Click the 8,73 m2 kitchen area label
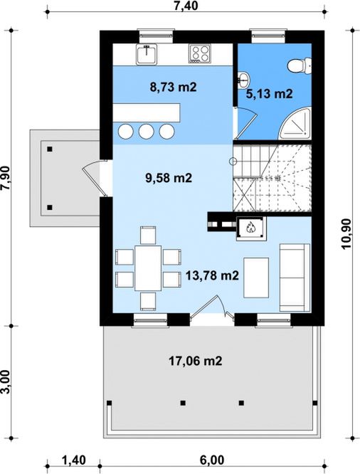click(x=173, y=87)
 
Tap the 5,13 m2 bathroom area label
click(x=269, y=94)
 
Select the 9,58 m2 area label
click(x=169, y=178)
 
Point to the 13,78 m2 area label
click(x=212, y=275)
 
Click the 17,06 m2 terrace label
click(x=195, y=361)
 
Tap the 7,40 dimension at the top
click(x=186, y=6)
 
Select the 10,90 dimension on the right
click(x=346, y=234)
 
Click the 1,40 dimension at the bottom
click(x=74, y=460)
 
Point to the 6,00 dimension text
click(x=212, y=460)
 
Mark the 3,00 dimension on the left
click(x=6, y=382)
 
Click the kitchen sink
click(x=147, y=54)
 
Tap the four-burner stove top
click(x=200, y=53)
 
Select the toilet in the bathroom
click(x=300, y=66)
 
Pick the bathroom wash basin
click(x=243, y=80)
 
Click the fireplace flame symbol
click(x=250, y=227)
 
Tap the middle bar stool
click(x=147, y=131)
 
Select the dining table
click(x=148, y=268)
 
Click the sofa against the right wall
click(x=295, y=278)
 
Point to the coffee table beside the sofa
click(x=256, y=278)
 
